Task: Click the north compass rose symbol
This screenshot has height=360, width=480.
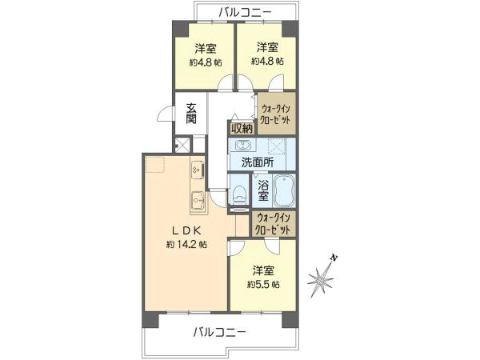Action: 323,279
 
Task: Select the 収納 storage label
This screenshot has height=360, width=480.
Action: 242,127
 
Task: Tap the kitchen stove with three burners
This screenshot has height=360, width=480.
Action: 197,170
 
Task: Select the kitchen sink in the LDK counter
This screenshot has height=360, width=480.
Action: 197,199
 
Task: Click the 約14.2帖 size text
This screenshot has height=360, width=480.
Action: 188,243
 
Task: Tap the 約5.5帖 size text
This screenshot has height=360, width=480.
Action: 263,284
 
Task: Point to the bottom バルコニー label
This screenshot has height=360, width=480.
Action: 218,332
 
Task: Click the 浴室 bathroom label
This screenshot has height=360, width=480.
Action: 263,192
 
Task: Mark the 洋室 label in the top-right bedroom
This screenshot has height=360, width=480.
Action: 268,47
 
